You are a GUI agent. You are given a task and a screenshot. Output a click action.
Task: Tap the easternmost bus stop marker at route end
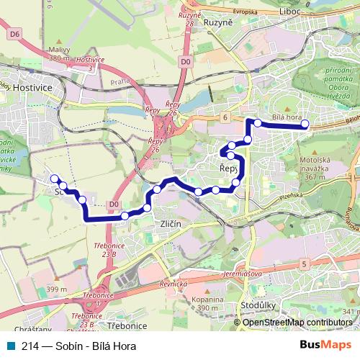305,124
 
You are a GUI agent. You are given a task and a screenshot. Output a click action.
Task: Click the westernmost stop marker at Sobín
53,178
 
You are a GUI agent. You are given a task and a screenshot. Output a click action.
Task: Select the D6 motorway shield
14,33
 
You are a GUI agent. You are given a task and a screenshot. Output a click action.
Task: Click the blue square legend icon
9,344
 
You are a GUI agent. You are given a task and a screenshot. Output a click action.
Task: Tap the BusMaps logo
328,344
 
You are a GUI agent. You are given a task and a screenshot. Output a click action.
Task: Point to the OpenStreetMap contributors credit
298,322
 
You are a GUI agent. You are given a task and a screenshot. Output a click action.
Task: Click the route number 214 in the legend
30,344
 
